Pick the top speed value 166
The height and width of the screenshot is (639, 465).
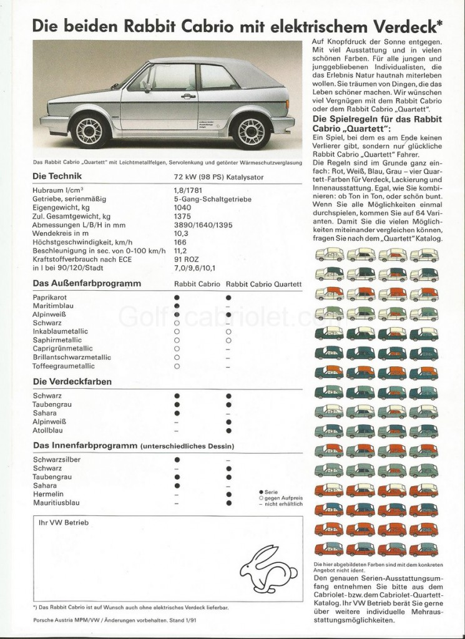(181, 241)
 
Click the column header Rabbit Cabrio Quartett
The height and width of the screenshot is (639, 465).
(264, 284)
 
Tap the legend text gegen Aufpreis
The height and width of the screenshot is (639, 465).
(283, 497)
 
